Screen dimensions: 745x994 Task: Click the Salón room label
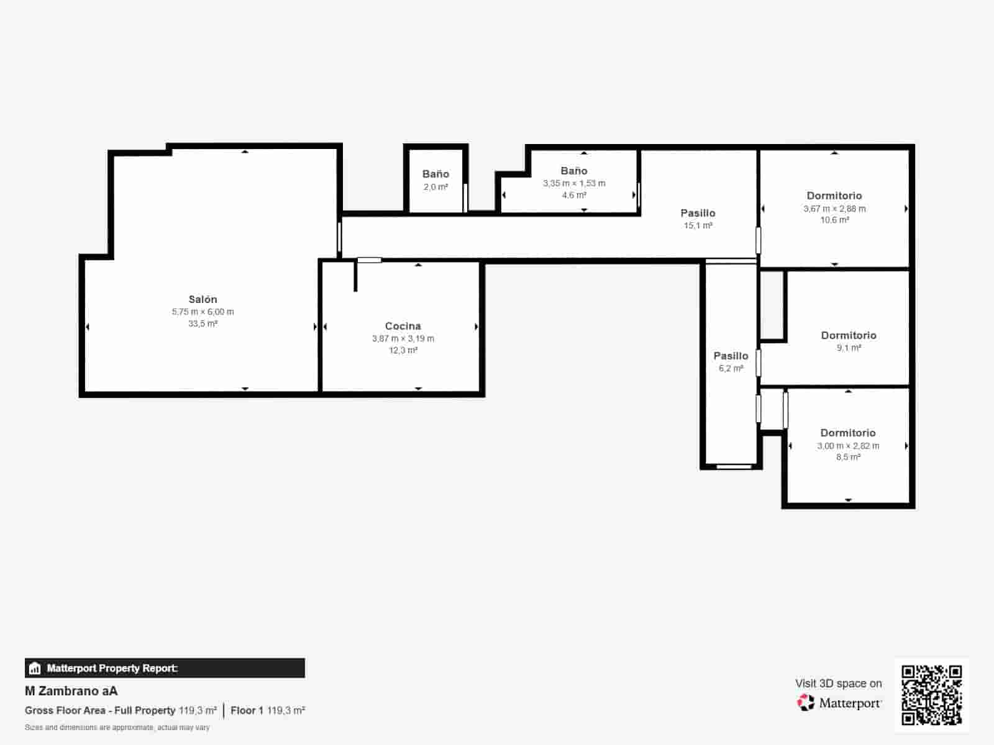(x=203, y=299)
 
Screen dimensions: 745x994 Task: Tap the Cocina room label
(x=403, y=326)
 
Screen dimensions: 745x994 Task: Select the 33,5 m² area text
(x=203, y=323)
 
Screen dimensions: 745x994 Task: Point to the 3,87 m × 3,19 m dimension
(x=403, y=338)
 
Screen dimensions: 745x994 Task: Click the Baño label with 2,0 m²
(x=435, y=174)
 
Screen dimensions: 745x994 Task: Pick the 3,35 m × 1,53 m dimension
(x=574, y=183)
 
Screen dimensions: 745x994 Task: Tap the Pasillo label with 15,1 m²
(x=698, y=213)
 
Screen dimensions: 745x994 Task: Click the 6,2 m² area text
(x=731, y=368)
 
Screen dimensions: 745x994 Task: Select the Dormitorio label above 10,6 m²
(x=834, y=196)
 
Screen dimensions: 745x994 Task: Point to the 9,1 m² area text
(x=849, y=348)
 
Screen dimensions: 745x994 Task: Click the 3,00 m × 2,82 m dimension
(x=848, y=446)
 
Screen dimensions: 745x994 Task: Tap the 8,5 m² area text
(x=848, y=457)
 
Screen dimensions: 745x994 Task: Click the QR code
(x=931, y=695)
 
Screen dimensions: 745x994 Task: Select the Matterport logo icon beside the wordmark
(x=806, y=703)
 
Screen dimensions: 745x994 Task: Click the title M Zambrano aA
(x=71, y=691)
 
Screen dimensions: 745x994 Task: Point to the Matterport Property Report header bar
(x=165, y=668)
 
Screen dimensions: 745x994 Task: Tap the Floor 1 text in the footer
(x=247, y=710)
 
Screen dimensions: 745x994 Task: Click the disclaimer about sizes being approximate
(x=117, y=728)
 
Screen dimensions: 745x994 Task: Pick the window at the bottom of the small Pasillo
(x=734, y=466)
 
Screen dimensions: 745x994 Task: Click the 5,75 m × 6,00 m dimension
(x=203, y=312)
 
